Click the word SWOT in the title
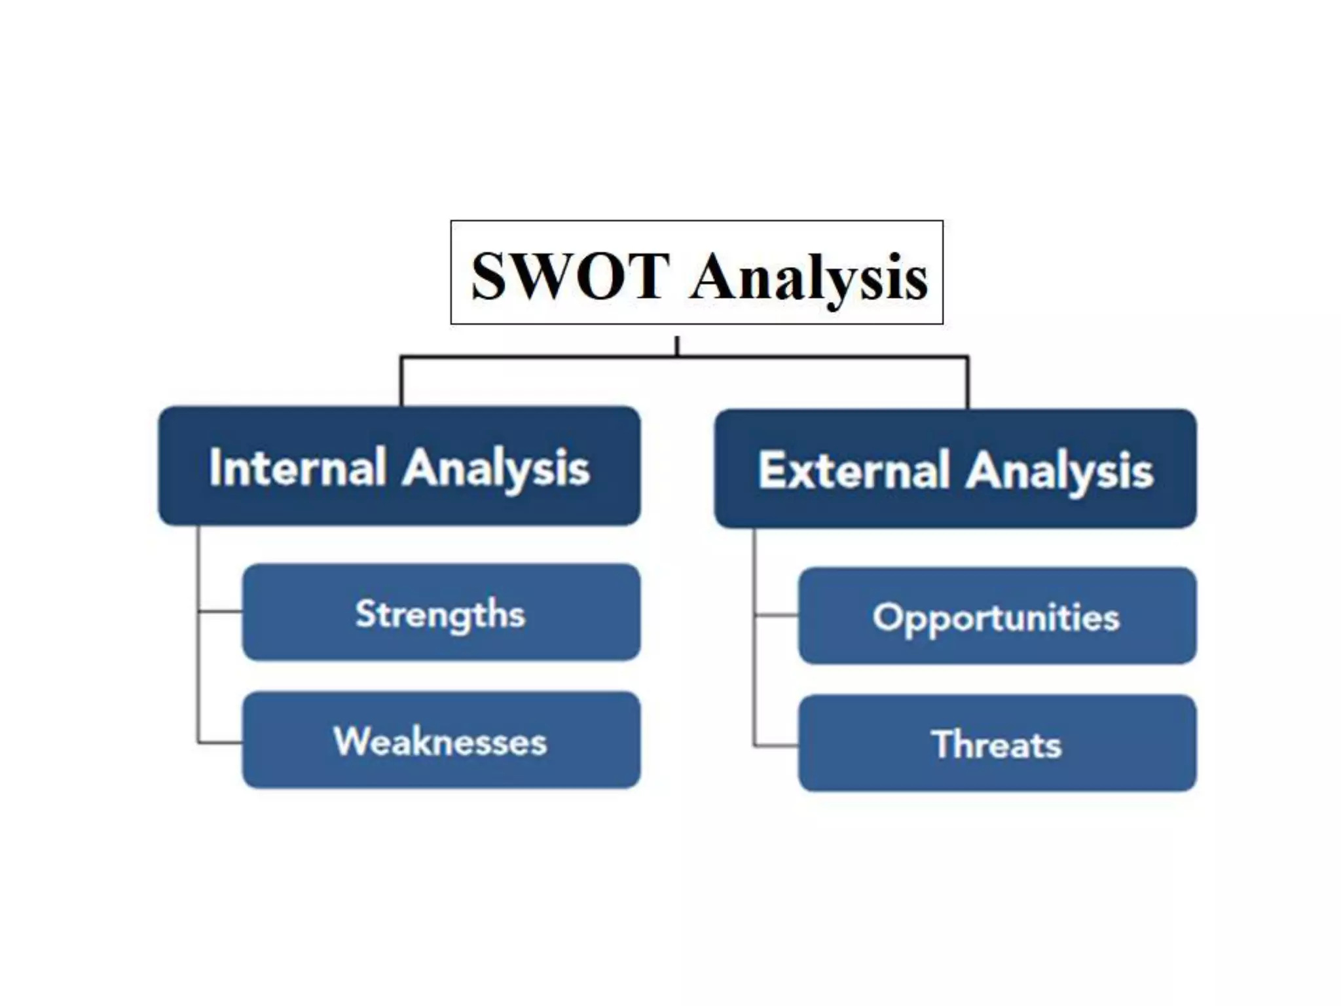pos(570,276)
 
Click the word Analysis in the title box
pos(809,278)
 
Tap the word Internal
pos(297,468)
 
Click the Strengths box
pos(441,612)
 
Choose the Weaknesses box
pos(441,740)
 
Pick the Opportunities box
pos(997,616)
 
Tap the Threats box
pos(997,743)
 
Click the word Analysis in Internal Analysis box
pos(496,469)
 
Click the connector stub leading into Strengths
pos(220,612)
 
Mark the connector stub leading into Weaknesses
pos(220,743)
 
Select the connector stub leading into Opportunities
pos(776,616)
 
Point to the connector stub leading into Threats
pos(776,745)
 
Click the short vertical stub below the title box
pos(677,346)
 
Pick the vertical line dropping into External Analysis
pos(968,382)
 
